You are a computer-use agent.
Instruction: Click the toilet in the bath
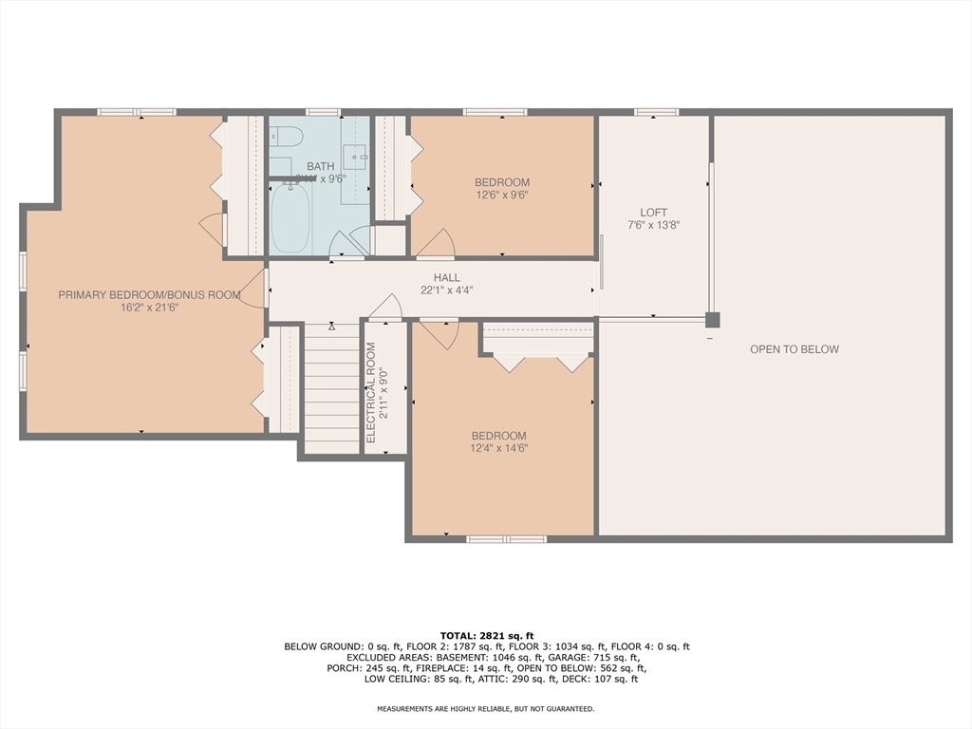pyautogui.click(x=285, y=137)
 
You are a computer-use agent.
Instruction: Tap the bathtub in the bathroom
pyautogui.click(x=290, y=218)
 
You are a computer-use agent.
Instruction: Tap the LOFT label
pyautogui.click(x=653, y=213)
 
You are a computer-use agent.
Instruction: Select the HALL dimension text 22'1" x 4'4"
pyautogui.click(x=446, y=290)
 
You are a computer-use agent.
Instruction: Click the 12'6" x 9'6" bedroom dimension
pyautogui.click(x=501, y=196)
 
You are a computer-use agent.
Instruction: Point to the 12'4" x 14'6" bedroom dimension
pyautogui.click(x=498, y=449)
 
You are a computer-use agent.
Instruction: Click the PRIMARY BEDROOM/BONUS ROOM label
pyautogui.click(x=149, y=295)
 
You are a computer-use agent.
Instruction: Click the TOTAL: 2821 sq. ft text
pyautogui.click(x=486, y=635)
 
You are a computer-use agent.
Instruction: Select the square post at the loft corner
pyautogui.click(x=712, y=320)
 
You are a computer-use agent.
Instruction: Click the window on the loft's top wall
pyautogui.click(x=656, y=112)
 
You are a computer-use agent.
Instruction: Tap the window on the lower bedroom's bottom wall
pyautogui.click(x=506, y=538)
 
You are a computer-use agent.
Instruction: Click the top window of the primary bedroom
pyautogui.click(x=137, y=112)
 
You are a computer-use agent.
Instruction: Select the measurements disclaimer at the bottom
pyautogui.click(x=486, y=709)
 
